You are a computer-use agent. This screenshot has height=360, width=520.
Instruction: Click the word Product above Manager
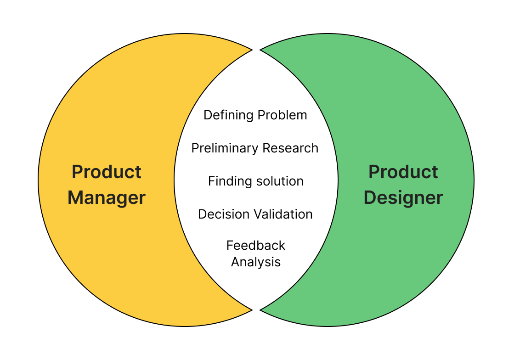[x=107, y=172]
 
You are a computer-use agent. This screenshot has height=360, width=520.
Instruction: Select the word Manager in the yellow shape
[x=107, y=198]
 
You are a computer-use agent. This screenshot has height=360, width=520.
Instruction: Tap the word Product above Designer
[x=403, y=172]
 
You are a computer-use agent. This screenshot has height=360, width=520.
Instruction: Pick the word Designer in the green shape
[x=403, y=198]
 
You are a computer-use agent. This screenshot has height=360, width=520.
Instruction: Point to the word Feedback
[x=256, y=246]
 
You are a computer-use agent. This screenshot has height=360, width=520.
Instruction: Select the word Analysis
[x=256, y=262]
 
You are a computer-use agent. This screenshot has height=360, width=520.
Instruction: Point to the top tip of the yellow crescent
[x=252, y=49]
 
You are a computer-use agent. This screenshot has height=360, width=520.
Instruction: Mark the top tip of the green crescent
[x=261, y=49]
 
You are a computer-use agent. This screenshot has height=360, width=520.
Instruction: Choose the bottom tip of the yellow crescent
[x=252, y=310]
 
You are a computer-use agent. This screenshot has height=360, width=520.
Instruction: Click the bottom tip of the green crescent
[x=261, y=310]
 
